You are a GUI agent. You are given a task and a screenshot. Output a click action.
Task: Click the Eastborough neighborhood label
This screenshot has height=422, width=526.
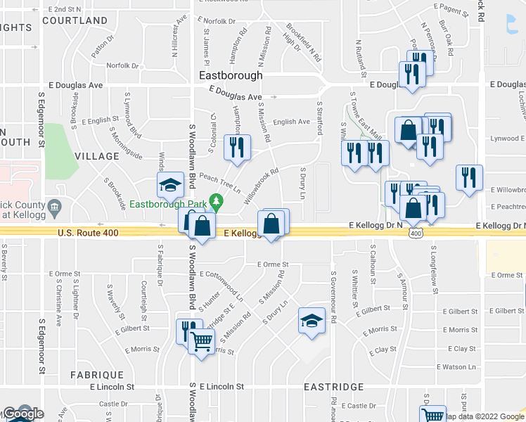click(231, 75)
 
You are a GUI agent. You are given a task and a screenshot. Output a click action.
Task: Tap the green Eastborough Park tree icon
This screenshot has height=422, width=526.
click(217, 204)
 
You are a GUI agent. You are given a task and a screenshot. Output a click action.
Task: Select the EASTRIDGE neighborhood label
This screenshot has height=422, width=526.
click(333, 387)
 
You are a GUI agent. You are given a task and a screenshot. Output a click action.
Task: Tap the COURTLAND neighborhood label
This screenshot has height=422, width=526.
click(75, 20)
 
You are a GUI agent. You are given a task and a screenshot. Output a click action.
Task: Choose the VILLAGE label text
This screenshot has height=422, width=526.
click(97, 155)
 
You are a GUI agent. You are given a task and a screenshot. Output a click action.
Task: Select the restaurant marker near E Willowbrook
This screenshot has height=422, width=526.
click(469, 177)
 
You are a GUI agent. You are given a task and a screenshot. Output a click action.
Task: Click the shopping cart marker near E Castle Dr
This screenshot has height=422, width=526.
click(433, 415)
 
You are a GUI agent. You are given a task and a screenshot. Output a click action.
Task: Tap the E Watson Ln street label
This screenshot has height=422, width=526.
click(456, 366)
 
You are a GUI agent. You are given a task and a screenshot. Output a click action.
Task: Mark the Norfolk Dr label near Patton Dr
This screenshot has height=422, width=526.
click(122, 66)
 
